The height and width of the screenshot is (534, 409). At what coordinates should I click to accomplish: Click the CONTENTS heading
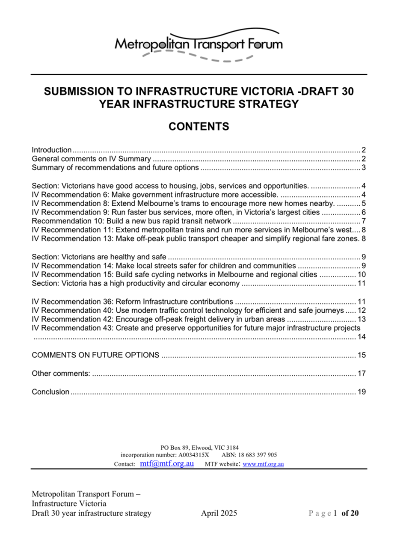tap(199, 127)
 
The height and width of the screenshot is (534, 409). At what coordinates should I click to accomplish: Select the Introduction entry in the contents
tap(52, 150)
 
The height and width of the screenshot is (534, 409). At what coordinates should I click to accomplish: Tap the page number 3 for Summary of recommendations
tap(364, 168)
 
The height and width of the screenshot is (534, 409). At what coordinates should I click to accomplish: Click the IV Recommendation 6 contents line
tap(155, 195)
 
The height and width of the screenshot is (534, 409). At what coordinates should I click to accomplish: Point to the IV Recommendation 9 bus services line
tap(175, 212)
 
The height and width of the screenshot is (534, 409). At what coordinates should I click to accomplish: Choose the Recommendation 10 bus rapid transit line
tap(131, 221)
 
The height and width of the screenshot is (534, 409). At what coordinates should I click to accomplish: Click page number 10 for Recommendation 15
tap(362, 275)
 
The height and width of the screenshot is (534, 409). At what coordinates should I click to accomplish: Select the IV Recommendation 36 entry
tap(132, 302)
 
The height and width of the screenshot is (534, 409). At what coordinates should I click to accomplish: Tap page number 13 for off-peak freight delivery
tap(362, 319)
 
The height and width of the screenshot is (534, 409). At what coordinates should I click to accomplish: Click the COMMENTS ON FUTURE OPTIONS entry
tap(95, 355)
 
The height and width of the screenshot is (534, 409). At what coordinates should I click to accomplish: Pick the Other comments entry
tap(61, 374)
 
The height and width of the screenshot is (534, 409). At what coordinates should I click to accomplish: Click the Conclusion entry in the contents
tap(50, 392)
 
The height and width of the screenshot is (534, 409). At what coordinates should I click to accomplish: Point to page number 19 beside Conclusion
tap(362, 392)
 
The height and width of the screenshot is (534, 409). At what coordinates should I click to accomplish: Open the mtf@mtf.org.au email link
tap(167, 464)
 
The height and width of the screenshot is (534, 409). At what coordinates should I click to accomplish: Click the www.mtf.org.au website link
tap(263, 464)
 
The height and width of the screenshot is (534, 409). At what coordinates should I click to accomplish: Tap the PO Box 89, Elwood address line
tap(199, 448)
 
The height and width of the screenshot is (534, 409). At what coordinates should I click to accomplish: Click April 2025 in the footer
tap(219, 513)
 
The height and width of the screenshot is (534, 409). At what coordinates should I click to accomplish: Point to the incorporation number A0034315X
tap(194, 455)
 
